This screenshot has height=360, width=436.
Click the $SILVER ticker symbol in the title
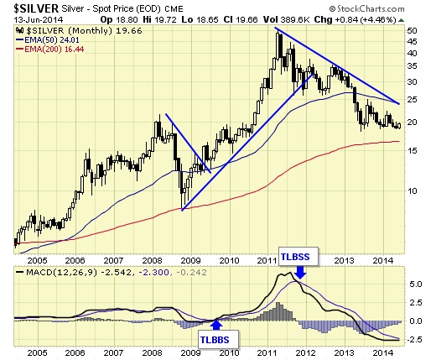[36, 8]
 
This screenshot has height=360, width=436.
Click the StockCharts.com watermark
[366, 8]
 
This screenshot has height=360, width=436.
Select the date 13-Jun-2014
[39, 20]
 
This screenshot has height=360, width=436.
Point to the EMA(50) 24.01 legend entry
[48, 40]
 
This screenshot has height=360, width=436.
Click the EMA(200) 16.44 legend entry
[50, 50]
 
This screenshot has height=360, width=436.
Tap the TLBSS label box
[298, 256]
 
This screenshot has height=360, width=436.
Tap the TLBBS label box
[219, 339]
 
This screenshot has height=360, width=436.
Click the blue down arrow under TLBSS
[300, 273]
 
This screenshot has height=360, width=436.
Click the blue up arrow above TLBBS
[216, 325]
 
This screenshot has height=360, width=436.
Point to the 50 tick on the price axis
[412, 30]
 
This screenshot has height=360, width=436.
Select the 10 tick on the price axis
[412, 190]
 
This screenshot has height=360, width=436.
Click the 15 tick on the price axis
[412, 150]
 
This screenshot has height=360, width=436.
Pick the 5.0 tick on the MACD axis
[416, 284]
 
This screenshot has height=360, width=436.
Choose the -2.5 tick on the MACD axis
[414, 339]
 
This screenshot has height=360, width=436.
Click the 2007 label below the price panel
[113, 260]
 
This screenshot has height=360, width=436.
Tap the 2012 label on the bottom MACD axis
[306, 352]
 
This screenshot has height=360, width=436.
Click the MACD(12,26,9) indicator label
[61, 272]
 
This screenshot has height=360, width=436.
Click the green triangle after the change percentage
[401, 20]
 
